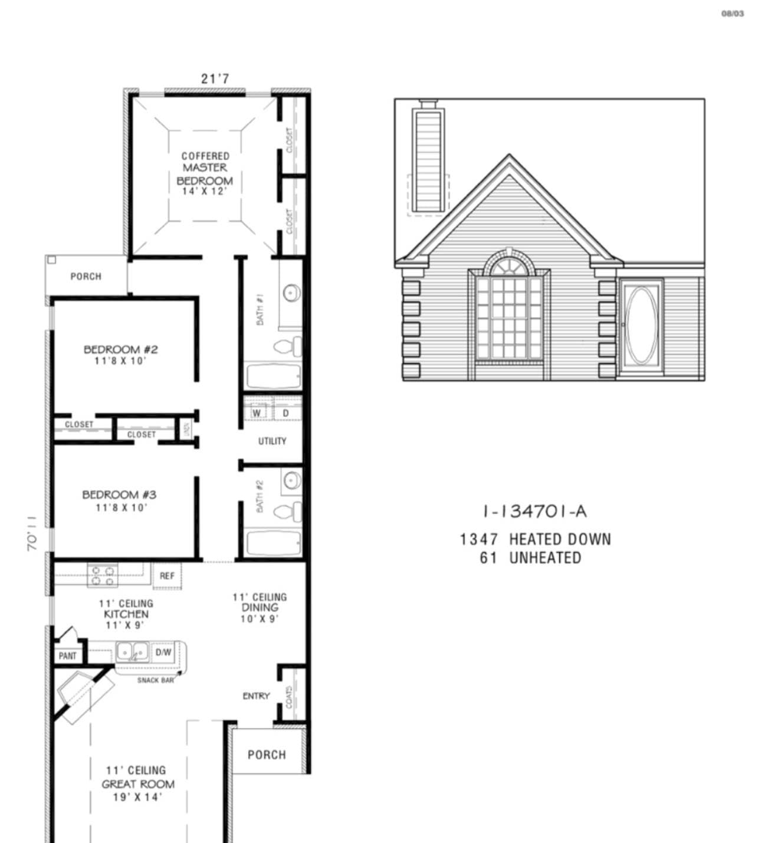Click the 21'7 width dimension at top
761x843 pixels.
tap(215, 78)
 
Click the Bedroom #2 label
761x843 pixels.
tap(120, 355)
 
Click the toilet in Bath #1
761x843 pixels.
tap(290, 346)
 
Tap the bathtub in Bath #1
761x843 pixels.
tap(273, 376)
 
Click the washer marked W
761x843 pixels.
tap(257, 413)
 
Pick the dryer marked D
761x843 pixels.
tap(286, 413)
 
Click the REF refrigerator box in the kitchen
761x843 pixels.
tap(167, 575)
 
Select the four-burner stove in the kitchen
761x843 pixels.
tap(102, 575)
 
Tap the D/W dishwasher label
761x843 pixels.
tap(163, 652)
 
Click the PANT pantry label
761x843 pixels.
tap(67, 655)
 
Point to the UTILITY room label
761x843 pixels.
tap(272, 441)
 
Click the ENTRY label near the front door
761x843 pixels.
tap(256, 696)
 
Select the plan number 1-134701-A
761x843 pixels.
tap(534, 511)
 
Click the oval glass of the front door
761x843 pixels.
tap(640, 325)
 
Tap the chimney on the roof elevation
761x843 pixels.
tap(429, 159)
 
